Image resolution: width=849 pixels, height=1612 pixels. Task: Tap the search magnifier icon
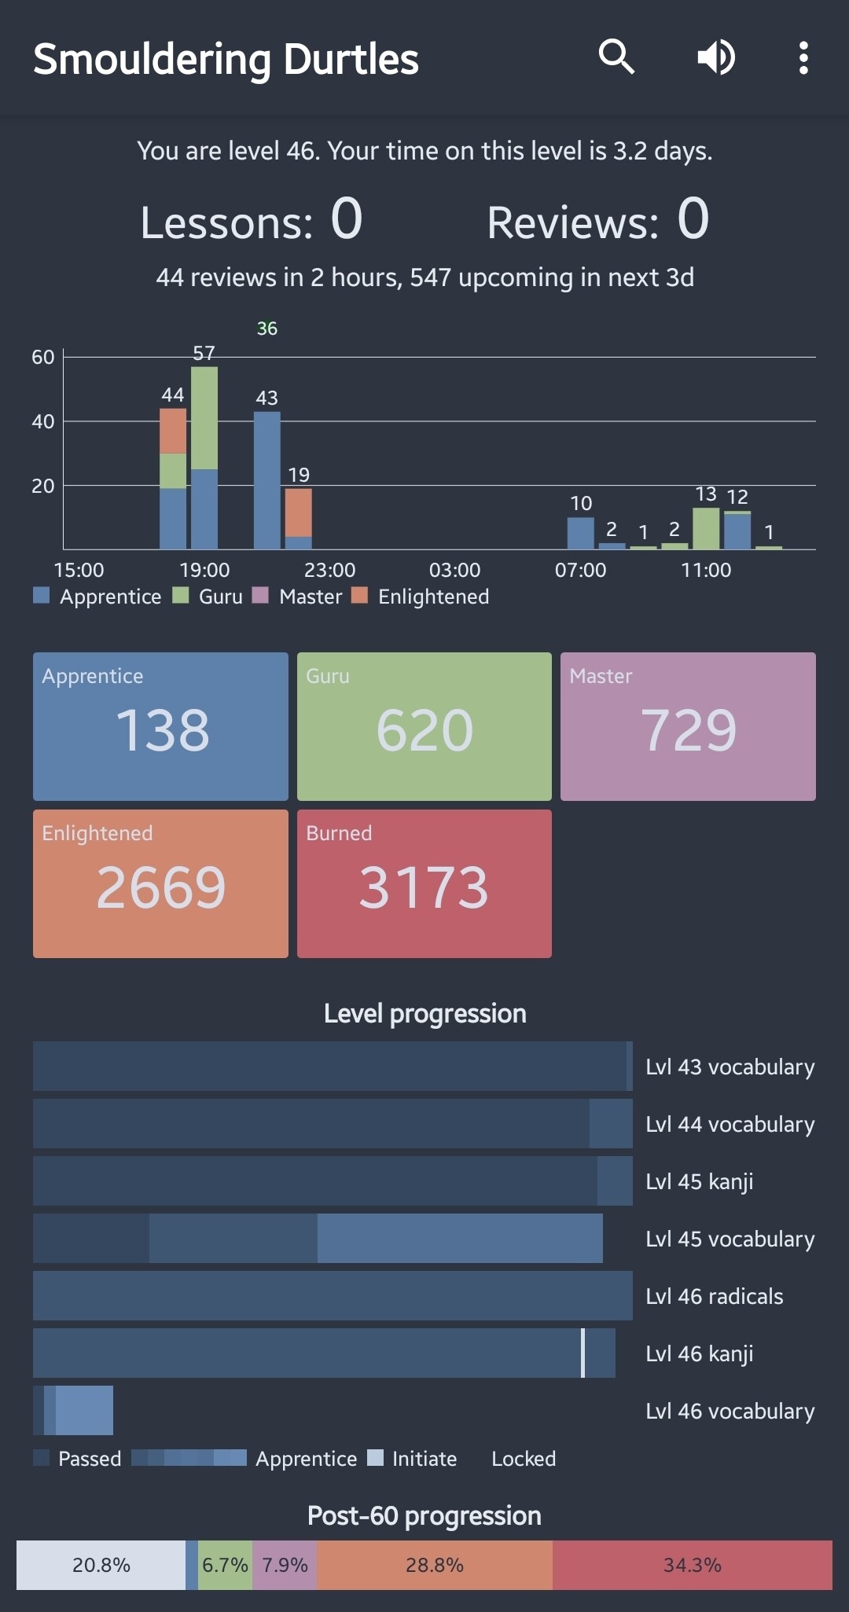coord(616,57)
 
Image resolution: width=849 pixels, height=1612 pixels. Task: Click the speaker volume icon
coord(716,57)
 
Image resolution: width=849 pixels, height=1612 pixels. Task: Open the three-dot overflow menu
coord(803,57)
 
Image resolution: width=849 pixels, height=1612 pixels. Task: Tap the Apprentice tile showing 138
coord(160,726)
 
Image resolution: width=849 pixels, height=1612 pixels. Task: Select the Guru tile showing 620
coord(424,726)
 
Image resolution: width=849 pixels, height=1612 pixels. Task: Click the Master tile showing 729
coord(688,726)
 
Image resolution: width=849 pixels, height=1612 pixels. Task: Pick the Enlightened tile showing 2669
coord(160,883)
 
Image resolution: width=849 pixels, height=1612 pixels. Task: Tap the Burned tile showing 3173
coord(424,883)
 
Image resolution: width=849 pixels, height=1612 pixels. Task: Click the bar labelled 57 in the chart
coord(204,457)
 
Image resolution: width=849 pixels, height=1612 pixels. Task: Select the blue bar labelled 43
coord(267,479)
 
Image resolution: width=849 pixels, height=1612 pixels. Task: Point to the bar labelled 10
coord(581,533)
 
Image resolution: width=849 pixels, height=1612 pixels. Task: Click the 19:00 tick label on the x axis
coord(204,570)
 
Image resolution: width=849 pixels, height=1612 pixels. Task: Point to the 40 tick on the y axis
coord(43,421)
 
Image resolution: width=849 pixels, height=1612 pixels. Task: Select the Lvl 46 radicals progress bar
coord(333,1295)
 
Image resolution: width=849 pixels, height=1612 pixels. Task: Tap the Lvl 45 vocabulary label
coord(730,1239)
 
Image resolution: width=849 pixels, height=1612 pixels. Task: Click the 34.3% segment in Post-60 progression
coord(692,1565)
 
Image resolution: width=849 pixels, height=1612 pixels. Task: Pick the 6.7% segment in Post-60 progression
coord(225,1565)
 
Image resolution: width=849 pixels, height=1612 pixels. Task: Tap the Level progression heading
coord(424,1014)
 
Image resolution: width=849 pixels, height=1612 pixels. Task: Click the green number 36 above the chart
coord(267,329)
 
